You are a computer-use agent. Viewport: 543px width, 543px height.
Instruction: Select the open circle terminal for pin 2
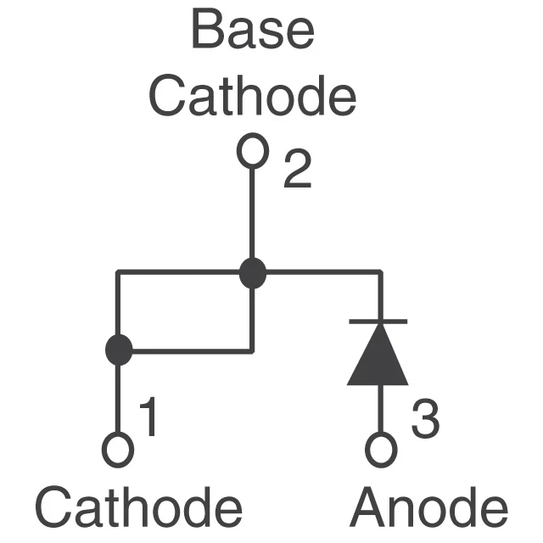252,152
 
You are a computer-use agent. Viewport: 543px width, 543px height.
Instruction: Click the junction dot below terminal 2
252,273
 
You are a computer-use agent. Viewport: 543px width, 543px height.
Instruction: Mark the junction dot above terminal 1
119,350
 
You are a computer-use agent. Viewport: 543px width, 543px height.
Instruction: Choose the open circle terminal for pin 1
118,450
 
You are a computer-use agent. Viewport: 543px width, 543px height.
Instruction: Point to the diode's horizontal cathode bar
378,321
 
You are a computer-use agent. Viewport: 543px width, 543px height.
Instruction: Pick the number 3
424,420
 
